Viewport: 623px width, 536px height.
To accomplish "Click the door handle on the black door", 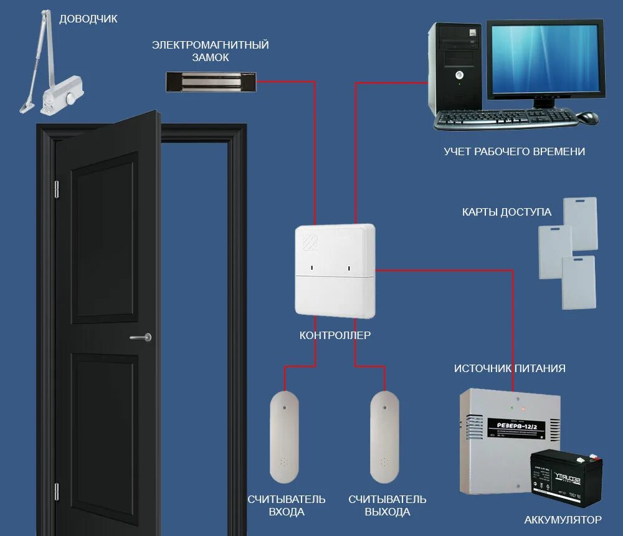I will (141, 337).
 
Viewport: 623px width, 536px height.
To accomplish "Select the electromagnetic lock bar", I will (212, 80).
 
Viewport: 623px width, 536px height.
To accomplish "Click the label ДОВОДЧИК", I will (88, 19).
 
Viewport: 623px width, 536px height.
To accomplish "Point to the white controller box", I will (335, 271).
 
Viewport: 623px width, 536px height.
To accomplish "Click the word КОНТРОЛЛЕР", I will (335, 335).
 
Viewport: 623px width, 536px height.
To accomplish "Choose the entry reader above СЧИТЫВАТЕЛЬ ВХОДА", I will (285, 436).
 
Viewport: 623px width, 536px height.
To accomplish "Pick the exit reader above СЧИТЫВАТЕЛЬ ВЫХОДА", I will (384, 436).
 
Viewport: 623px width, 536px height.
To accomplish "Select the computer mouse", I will (587, 117).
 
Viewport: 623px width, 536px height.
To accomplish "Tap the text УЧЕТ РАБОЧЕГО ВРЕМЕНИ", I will (514, 151).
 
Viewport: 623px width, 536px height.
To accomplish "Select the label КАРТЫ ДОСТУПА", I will (506, 212).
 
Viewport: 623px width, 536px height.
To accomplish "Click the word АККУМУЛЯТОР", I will (563, 519).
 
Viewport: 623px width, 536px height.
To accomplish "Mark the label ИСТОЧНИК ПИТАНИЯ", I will (510, 368).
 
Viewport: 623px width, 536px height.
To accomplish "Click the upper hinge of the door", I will (57, 189).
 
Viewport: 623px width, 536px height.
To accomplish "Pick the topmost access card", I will (580, 221).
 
